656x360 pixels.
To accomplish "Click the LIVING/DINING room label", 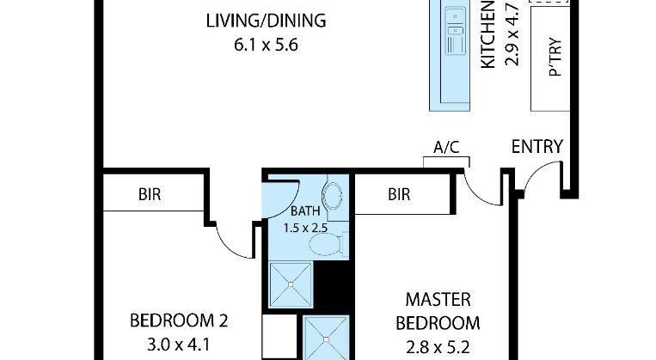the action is [266, 21].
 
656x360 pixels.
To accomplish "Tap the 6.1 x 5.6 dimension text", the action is [266, 45].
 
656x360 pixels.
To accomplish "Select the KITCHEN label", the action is [487, 34].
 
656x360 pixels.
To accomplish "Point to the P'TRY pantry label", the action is [555, 57].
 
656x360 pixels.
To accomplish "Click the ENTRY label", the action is [537, 147].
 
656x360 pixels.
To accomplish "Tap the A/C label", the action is [446, 147].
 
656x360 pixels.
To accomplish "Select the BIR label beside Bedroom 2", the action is [150, 194].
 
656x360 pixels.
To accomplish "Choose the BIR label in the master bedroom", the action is [399, 194].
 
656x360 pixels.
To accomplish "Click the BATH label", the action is [305, 211].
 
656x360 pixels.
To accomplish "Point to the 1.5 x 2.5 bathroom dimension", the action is [305, 228].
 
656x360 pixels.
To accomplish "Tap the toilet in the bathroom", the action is [328, 244].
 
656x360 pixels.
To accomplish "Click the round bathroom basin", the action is [332, 195].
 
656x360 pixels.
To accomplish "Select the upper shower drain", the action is [291, 284].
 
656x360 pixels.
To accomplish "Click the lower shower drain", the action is [326, 339].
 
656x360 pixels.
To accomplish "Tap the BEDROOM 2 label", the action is [179, 320].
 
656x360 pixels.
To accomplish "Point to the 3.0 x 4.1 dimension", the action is [179, 345].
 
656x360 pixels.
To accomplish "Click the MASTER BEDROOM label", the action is [438, 312].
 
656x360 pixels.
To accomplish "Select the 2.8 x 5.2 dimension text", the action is [438, 347].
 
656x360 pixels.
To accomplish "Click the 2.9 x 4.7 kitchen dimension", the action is [512, 34].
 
